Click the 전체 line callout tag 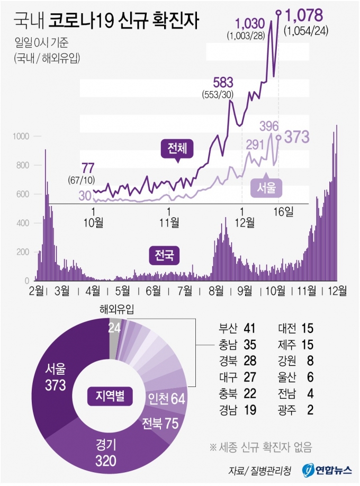point(177,149)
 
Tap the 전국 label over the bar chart point(164,256)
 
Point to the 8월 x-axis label point(215,290)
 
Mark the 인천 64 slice point(168,398)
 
